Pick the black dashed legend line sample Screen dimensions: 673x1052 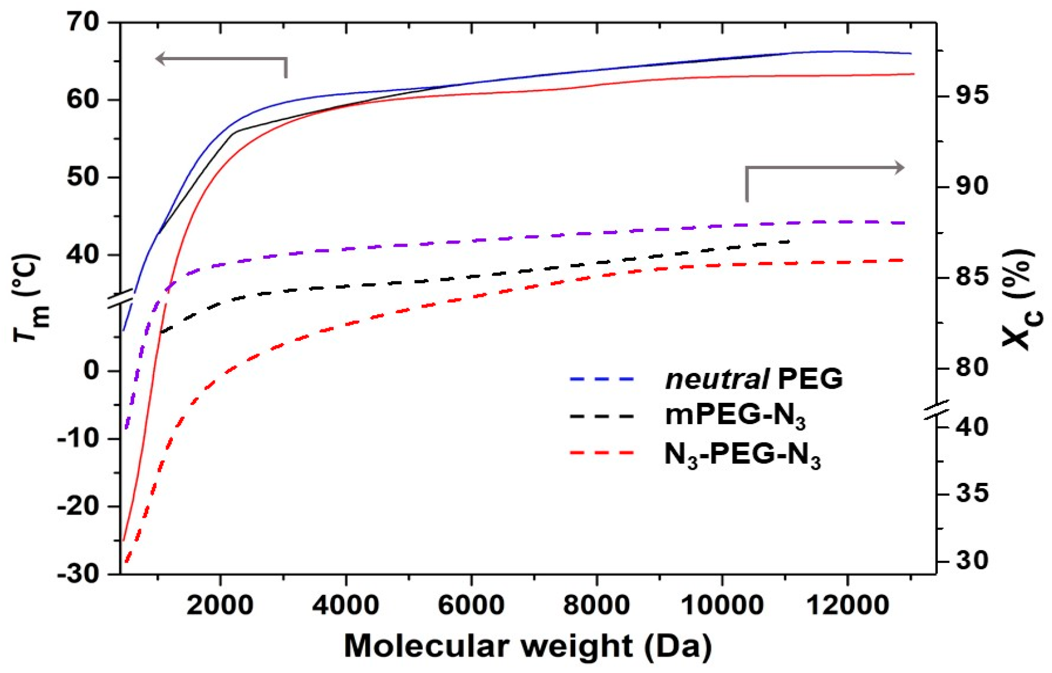602,416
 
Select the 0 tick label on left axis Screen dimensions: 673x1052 91,370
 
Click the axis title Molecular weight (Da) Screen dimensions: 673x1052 528,646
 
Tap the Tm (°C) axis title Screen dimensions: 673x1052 31,297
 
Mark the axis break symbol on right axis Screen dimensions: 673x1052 936,409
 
